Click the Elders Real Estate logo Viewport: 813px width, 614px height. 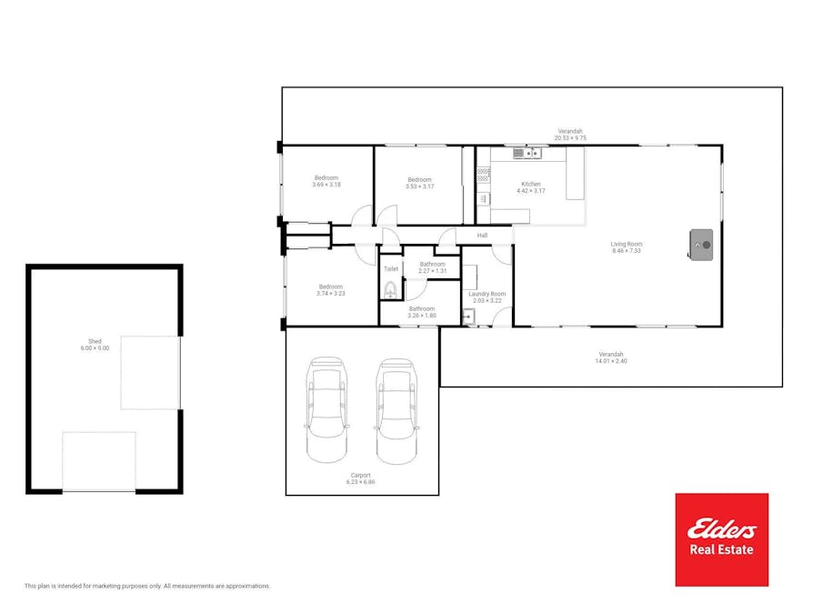(x=721, y=539)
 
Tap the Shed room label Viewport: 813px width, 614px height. (x=95, y=341)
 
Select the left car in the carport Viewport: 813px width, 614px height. (x=326, y=409)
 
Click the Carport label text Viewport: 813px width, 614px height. (x=360, y=475)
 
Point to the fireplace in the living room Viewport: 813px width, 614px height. (x=700, y=245)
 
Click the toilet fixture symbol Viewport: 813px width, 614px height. (x=390, y=290)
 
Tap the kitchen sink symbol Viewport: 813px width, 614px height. (x=527, y=153)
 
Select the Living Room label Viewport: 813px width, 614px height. (x=627, y=244)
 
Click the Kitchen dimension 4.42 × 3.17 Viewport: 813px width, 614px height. (x=531, y=191)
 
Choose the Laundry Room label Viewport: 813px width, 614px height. (x=487, y=294)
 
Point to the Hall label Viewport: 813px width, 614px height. (x=482, y=236)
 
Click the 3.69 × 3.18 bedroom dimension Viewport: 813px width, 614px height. (x=326, y=185)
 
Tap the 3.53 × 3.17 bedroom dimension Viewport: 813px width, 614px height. (x=419, y=186)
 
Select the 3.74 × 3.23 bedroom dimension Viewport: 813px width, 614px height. (x=331, y=294)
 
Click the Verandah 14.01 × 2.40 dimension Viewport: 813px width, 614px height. (x=611, y=361)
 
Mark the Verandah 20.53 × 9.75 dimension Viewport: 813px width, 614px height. (x=570, y=138)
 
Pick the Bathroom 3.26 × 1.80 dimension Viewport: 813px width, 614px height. (x=422, y=316)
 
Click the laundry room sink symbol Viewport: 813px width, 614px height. (x=468, y=316)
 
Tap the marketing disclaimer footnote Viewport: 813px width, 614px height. (x=147, y=586)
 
